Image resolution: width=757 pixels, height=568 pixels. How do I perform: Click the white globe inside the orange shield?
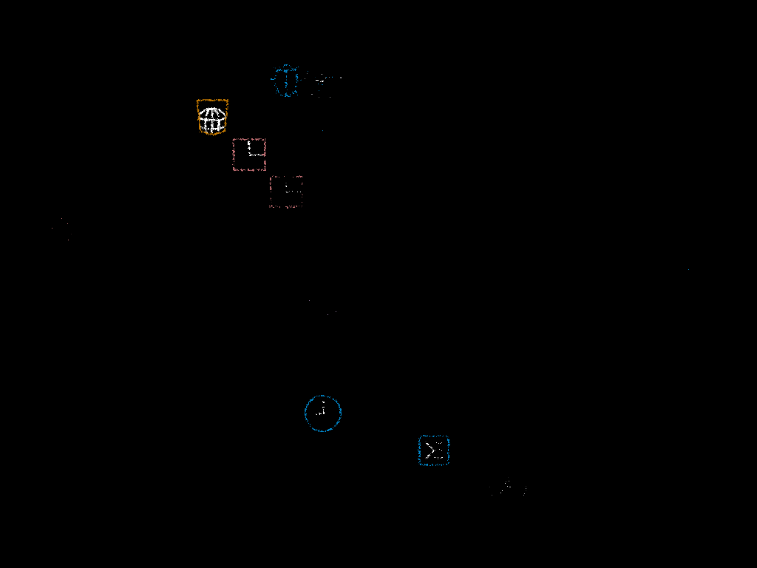(x=212, y=119)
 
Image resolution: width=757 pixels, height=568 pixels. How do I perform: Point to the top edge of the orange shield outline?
(x=212, y=100)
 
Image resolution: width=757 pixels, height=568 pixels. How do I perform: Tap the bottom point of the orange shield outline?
(x=212, y=135)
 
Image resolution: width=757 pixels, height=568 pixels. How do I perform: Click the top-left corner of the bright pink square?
(x=234, y=139)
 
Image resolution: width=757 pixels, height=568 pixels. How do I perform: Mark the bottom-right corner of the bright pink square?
(x=265, y=170)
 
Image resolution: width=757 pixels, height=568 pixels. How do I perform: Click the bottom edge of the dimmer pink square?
(x=286, y=207)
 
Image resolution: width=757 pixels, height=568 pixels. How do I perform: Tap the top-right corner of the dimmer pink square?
(x=302, y=177)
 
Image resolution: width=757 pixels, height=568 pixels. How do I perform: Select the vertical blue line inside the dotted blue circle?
(x=285, y=81)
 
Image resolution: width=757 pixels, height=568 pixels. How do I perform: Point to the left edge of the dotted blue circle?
(x=272, y=81)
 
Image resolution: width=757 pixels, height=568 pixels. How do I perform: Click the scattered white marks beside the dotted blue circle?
(x=322, y=81)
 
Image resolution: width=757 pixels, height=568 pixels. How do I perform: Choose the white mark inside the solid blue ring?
(x=322, y=411)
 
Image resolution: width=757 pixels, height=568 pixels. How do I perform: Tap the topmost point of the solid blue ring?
(x=323, y=396)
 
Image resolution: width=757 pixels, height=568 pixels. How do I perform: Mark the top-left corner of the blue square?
(x=419, y=436)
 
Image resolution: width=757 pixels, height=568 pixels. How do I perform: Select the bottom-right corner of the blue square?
(x=448, y=464)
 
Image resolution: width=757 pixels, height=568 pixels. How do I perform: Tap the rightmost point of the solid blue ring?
(x=341, y=413)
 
